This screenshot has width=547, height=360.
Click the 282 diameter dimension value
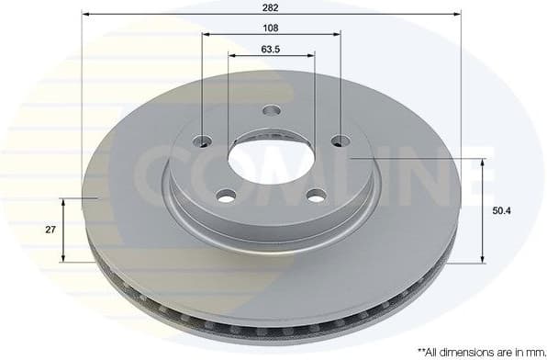[x=271, y=6]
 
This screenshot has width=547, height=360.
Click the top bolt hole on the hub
[x=271, y=111]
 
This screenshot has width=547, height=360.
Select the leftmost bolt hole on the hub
[x=203, y=141]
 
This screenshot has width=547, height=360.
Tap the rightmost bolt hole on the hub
[x=340, y=141]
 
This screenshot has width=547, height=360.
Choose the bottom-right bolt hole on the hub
[x=316, y=195]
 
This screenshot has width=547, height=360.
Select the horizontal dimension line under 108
[x=239, y=33]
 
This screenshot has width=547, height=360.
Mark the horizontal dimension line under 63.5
[x=248, y=55]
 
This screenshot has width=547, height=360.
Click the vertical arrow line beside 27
[x=63, y=230]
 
